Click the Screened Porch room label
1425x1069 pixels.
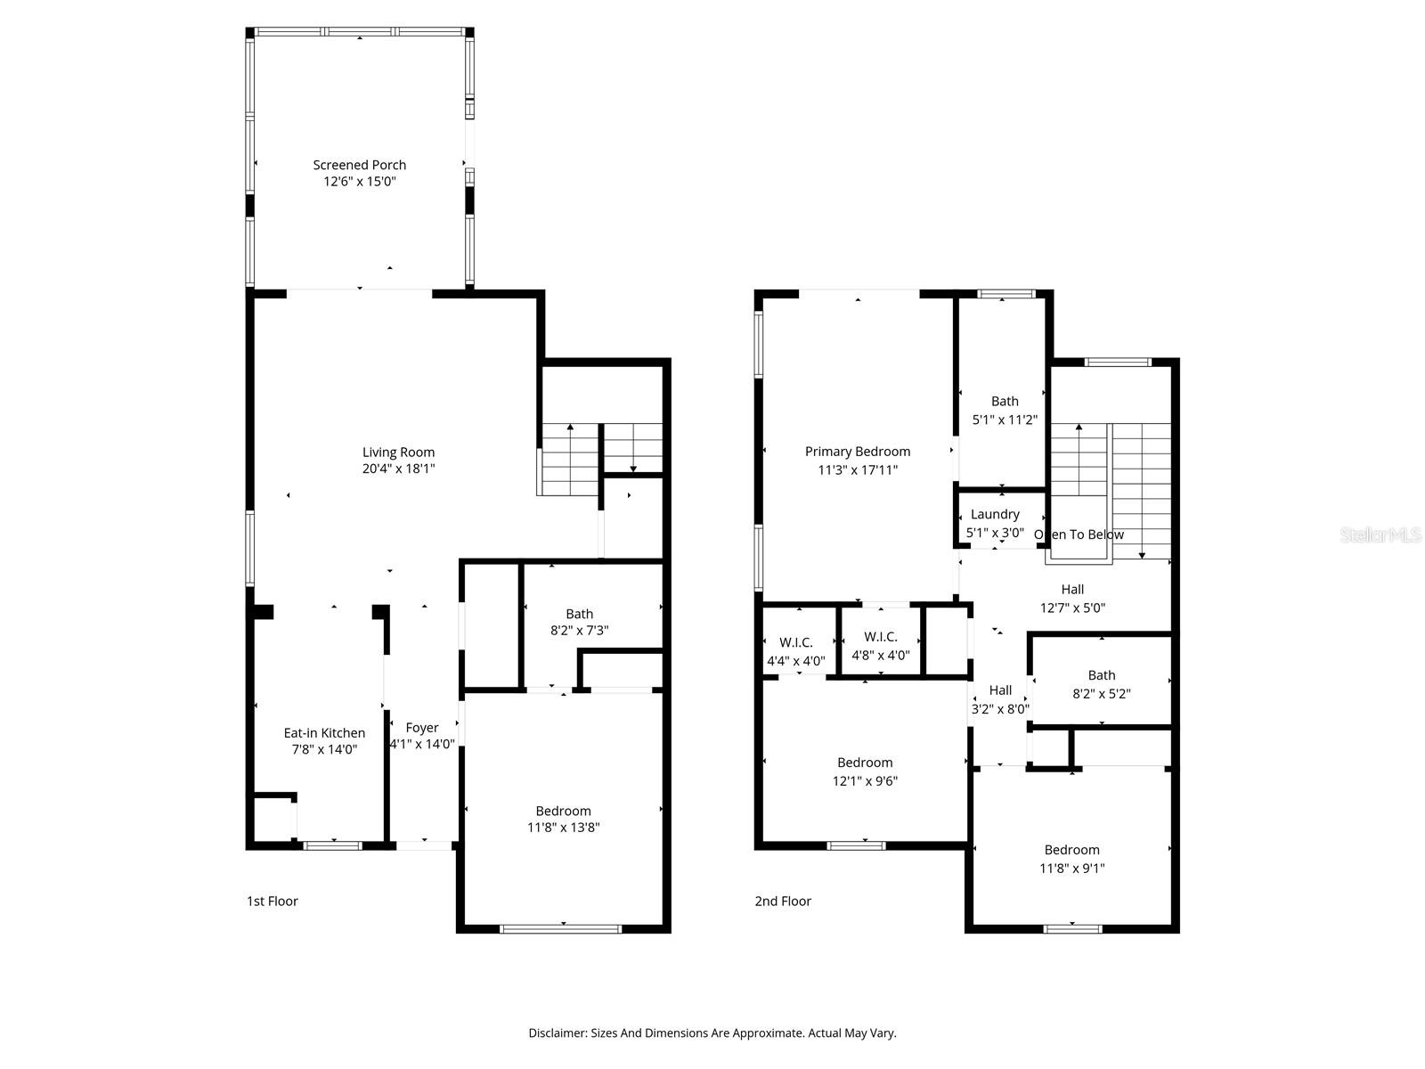[359, 165]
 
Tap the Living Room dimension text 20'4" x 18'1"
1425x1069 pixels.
[398, 469]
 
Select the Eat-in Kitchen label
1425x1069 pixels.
[324, 733]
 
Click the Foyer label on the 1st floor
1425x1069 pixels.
[421, 728]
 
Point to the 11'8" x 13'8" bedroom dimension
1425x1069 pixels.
[563, 828]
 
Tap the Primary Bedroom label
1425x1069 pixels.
[858, 452]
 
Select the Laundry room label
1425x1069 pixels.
[995, 514]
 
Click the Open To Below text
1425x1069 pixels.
[1079, 534]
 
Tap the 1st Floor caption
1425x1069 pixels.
[272, 902]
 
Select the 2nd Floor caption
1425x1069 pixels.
[783, 902]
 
